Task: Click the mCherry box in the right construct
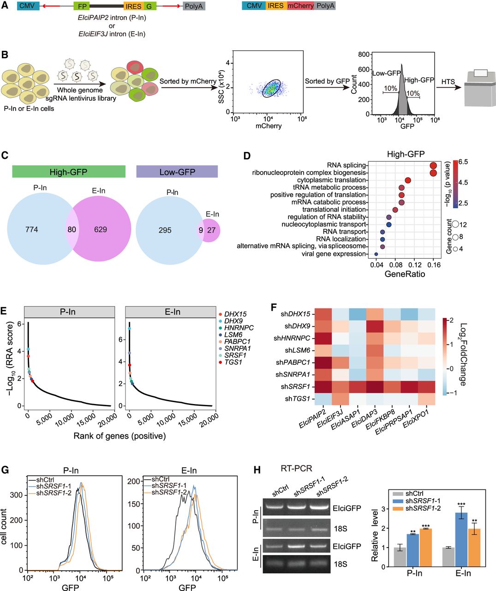click(301, 6)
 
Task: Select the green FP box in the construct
click(81, 6)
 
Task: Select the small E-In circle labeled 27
click(211, 229)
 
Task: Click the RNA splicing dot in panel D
click(433, 165)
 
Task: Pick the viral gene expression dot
click(376, 254)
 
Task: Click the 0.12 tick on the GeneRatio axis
click(415, 265)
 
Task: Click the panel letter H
click(258, 470)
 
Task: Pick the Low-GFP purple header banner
click(177, 172)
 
